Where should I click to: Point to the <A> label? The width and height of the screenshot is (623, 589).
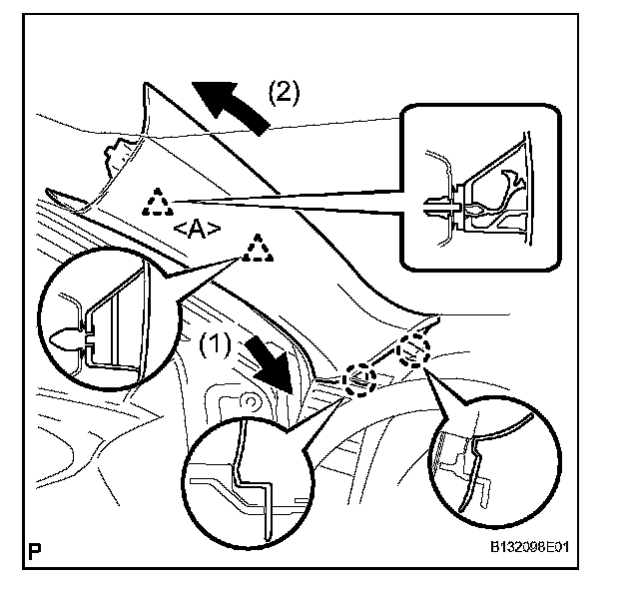(196, 229)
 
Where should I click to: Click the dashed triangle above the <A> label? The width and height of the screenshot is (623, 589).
(156, 203)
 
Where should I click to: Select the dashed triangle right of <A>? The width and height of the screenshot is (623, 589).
(259, 249)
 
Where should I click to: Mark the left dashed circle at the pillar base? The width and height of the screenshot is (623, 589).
(358, 377)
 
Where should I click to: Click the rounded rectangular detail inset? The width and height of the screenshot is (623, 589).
(475, 187)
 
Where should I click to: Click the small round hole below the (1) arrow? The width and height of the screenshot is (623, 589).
(251, 402)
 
